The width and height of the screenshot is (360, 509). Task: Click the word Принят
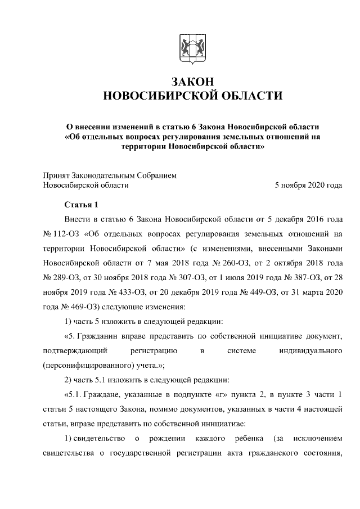[56, 175]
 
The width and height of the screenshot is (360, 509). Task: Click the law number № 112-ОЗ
[60, 233]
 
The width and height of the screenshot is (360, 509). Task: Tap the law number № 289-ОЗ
[60, 277]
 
